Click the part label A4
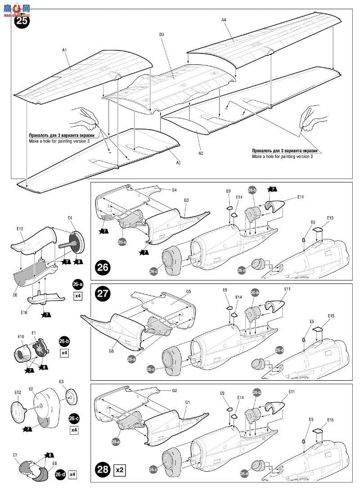tap(224, 20)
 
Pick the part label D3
tap(162, 35)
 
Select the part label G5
tap(189, 291)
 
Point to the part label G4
tap(174, 190)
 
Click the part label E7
tap(15, 455)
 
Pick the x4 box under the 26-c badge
tap(74, 430)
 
